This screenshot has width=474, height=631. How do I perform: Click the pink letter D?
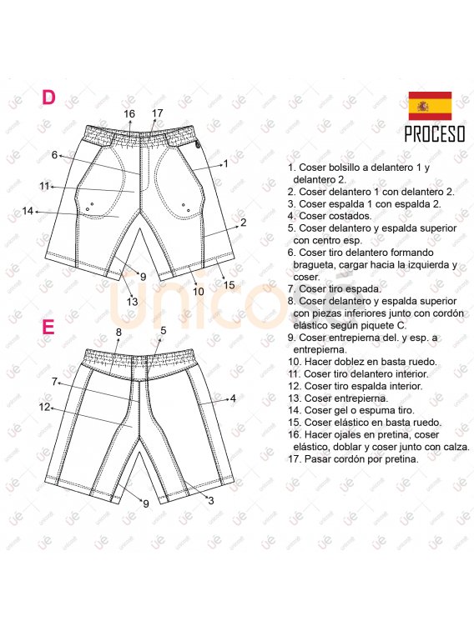point(48,98)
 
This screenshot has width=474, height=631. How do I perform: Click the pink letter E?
point(48,327)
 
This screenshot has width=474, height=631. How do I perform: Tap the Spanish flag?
point(430,106)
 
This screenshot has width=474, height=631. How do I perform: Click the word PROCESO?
point(435,134)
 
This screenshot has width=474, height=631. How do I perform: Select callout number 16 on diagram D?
point(129,114)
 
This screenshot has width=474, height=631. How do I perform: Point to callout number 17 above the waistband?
point(158,113)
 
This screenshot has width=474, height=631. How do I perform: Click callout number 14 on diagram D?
point(28,210)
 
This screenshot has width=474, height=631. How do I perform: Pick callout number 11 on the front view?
point(44,186)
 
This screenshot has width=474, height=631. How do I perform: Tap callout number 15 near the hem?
point(229,285)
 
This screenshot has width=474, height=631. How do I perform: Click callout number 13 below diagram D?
point(132,302)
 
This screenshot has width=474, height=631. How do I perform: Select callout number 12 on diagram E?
point(44,407)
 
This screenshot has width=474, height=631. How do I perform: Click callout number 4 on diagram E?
point(233,398)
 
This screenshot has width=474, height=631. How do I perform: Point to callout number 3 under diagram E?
point(210,500)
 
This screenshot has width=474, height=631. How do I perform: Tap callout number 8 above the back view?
point(118,332)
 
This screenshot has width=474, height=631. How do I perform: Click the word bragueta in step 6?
point(314,265)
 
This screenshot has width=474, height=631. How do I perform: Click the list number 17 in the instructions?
point(294,458)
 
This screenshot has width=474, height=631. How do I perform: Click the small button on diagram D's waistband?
point(197,146)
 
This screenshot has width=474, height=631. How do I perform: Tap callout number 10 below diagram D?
point(198,291)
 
